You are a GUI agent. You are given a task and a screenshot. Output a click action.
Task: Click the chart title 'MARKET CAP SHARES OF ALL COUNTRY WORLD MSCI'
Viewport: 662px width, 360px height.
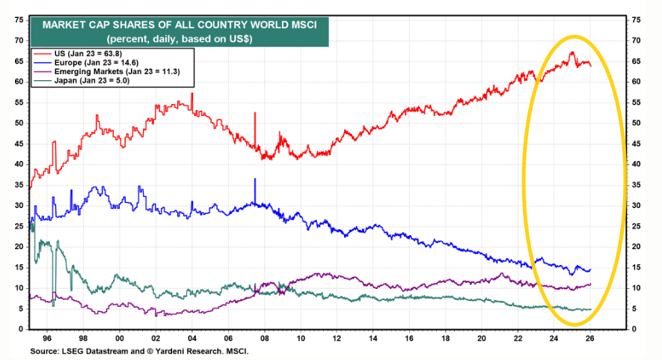[180, 25]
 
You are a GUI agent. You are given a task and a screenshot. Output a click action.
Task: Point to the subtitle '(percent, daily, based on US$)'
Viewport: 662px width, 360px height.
[180, 37]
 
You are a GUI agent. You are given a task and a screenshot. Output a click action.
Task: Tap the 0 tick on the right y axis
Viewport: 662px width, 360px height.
[634, 329]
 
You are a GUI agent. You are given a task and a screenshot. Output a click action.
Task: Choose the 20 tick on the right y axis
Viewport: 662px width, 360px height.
[637, 247]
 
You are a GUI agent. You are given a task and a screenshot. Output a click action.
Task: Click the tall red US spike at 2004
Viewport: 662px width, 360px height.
[192, 94]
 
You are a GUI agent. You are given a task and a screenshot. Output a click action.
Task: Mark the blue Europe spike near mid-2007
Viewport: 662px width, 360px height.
[255, 180]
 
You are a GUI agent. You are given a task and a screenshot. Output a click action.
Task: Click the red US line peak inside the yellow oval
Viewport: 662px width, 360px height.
[571, 52]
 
